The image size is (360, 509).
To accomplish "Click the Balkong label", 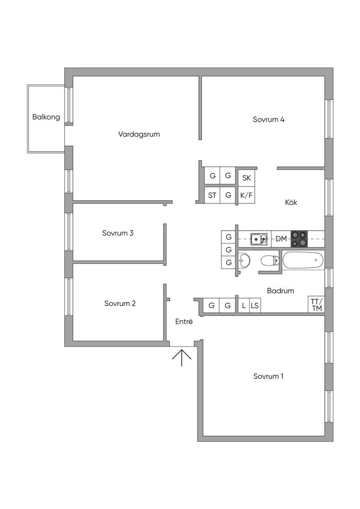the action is coord(46,117).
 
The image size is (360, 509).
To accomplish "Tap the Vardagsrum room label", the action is coord(139,134).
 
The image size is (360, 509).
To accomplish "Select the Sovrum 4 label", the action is coord(269,119).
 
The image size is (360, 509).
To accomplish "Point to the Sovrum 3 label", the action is coord(118,233).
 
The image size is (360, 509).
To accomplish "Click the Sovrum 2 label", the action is coord(120,304).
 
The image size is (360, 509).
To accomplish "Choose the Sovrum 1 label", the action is coord(268,376).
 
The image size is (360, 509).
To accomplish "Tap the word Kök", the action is coord(291,202).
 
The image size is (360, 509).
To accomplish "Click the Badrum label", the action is coord(280,291).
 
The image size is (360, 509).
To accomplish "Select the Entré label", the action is coord(184,322).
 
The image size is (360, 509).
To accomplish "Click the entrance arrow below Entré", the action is coord(182,357).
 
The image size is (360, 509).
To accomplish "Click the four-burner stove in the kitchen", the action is coord(299,239).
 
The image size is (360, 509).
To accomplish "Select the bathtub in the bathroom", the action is coord(303,260).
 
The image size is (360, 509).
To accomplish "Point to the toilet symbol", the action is coord(270,260).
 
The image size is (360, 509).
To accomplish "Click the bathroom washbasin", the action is coord(244,260).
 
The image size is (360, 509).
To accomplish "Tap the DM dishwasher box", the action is coord(281,239).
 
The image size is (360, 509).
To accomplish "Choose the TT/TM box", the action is coord(316,305).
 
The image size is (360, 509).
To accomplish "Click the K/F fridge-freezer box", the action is coord(246,195).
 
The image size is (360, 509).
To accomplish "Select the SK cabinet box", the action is coord(246,177).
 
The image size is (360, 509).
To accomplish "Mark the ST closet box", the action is coord(212,195).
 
